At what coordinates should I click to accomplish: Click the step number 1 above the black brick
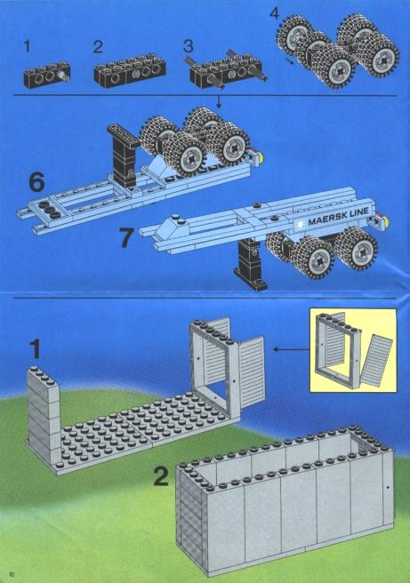pos(27,47)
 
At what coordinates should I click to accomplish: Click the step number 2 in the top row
pos(98,47)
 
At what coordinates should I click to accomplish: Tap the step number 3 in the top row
pos(189,46)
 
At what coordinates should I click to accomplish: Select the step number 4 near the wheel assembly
pos(274,13)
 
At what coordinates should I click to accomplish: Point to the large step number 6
pos(36,182)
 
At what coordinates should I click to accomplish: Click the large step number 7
pos(126,237)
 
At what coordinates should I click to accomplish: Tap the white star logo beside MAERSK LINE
pos(301,225)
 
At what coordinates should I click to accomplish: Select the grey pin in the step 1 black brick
pos(63,76)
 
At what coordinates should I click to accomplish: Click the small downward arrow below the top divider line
pos(219,102)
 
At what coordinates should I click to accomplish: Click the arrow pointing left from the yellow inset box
pos(292,349)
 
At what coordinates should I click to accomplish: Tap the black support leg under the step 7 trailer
pos(250,264)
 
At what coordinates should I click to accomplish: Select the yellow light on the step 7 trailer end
pos(385,222)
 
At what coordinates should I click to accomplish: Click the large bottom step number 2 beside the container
pos(161,476)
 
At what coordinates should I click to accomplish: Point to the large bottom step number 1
pos(35,349)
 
